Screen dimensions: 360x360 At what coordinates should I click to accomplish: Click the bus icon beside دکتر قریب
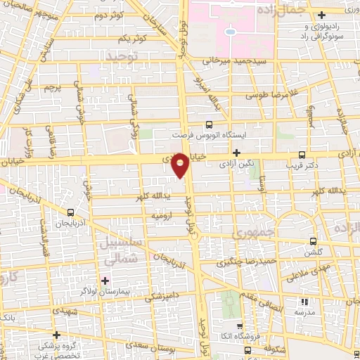coord(302,154)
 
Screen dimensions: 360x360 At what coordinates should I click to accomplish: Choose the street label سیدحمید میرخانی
coord(227,61)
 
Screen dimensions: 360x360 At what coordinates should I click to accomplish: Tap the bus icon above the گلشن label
coord(314,239)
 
